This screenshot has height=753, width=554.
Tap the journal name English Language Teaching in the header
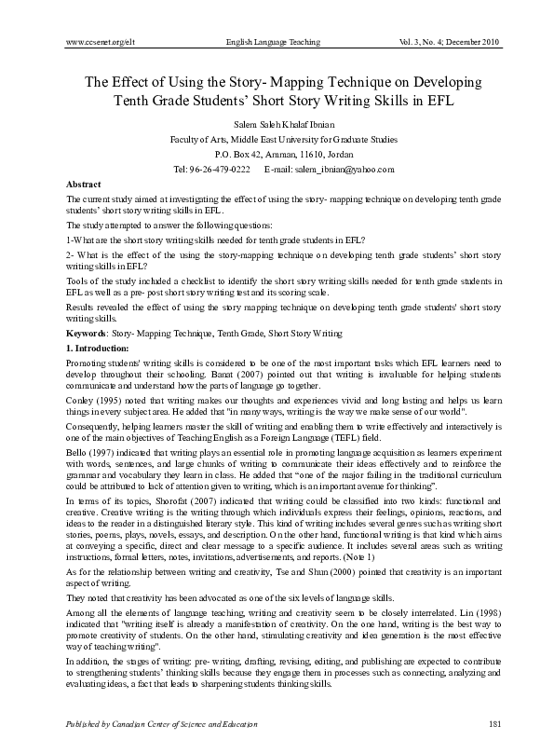pyautogui.click(x=274, y=43)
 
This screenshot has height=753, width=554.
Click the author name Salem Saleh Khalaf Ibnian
pyautogui.click(x=277, y=123)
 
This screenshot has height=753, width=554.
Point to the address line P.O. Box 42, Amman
pyautogui.click(x=277, y=153)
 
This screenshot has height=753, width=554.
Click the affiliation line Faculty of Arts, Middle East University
pyautogui.click(x=277, y=138)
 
